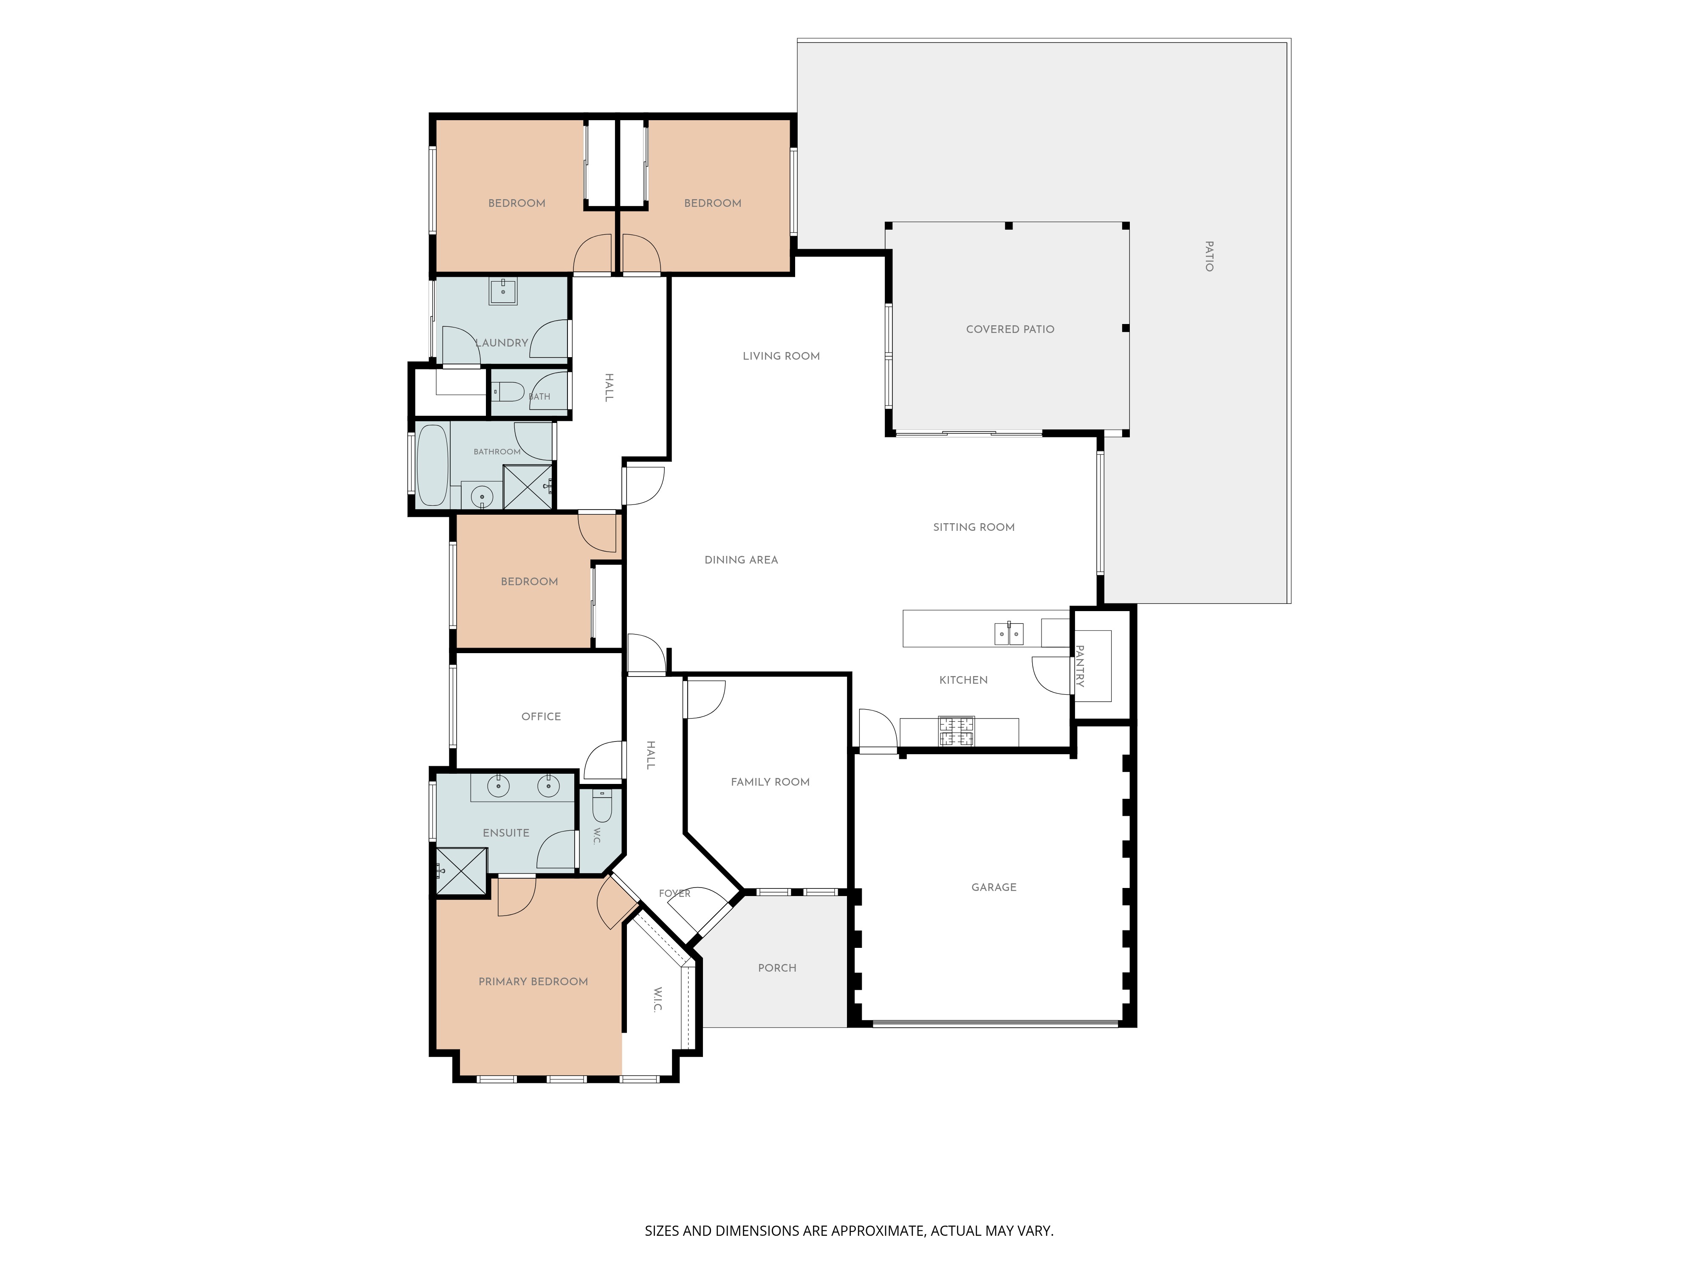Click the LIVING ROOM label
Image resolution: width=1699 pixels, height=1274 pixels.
tap(781, 356)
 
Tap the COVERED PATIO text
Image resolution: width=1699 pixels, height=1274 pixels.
tap(1010, 330)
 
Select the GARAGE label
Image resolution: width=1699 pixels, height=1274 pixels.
tap(994, 888)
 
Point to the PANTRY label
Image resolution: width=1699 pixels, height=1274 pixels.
tap(1080, 666)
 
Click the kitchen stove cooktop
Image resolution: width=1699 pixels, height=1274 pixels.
tap(956, 731)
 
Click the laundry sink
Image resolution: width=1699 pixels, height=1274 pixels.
tap(503, 291)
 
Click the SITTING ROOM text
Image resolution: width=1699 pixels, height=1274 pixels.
tap(974, 527)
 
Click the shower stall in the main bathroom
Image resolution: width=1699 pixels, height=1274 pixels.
tap(528, 487)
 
